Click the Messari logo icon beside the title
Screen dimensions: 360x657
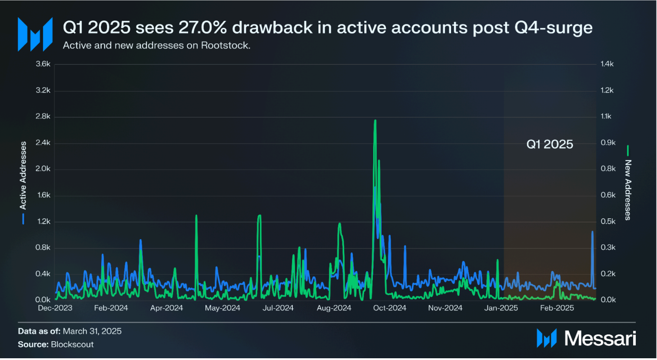(x=35, y=34)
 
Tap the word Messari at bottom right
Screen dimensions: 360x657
(x=600, y=339)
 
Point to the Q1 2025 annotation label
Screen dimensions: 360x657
(x=550, y=144)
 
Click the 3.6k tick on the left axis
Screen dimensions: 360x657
(x=43, y=64)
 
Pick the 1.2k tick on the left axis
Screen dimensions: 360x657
(x=43, y=221)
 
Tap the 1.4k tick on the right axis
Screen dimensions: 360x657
(x=607, y=64)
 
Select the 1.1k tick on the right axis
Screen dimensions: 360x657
(x=606, y=116)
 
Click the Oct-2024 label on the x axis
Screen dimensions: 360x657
(x=389, y=308)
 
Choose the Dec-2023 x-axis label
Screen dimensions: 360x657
(x=55, y=308)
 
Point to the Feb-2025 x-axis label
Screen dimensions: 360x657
(x=557, y=308)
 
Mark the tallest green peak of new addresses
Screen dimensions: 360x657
(x=375, y=121)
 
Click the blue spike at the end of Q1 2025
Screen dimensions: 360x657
(x=592, y=233)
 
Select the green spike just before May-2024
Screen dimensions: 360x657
(x=196, y=216)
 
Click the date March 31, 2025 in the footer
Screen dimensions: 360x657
(x=92, y=331)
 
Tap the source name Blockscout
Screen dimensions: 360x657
(x=72, y=344)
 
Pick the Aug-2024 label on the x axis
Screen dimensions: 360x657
(x=334, y=308)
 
